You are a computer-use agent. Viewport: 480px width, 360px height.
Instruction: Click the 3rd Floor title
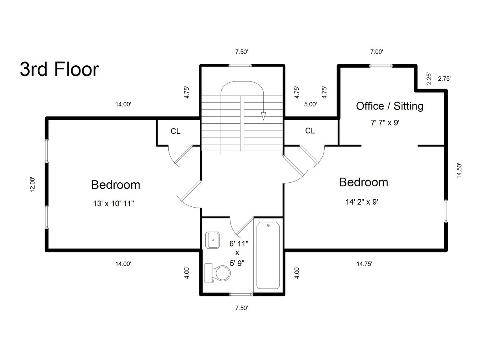click(x=60, y=69)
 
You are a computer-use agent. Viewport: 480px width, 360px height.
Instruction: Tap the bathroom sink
click(x=212, y=240)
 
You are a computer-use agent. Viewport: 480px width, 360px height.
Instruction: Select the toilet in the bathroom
click(x=217, y=273)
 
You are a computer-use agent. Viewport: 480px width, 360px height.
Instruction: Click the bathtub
click(x=268, y=255)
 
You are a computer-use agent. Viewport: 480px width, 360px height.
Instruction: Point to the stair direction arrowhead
click(x=263, y=116)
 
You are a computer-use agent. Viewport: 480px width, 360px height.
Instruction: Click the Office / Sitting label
click(x=390, y=106)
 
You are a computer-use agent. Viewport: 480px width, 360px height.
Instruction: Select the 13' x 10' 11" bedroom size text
click(x=113, y=204)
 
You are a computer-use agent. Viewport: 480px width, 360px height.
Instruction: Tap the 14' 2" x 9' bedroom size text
click(x=362, y=202)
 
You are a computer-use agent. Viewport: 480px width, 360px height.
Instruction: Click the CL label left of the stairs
click(x=175, y=131)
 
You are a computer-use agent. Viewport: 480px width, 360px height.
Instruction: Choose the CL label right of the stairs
click(x=310, y=131)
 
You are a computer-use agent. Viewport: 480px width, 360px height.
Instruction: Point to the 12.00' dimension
click(x=32, y=184)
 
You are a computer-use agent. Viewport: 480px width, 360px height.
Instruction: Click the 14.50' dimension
click(x=459, y=171)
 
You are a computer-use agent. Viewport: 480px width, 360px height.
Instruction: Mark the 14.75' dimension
click(x=364, y=264)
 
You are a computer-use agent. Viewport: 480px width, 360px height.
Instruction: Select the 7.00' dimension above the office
click(x=377, y=52)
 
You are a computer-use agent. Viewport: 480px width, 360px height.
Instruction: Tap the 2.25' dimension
click(x=429, y=79)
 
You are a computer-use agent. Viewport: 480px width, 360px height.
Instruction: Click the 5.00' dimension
click(x=311, y=104)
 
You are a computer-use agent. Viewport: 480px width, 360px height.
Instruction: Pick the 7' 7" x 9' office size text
click(x=385, y=122)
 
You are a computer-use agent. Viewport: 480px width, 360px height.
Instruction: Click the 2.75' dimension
click(x=444, y=79)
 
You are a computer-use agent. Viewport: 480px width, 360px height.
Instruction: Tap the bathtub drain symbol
click(x=268, y=225)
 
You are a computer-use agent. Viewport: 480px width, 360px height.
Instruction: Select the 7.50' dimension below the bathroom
click(x=242, y=308)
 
